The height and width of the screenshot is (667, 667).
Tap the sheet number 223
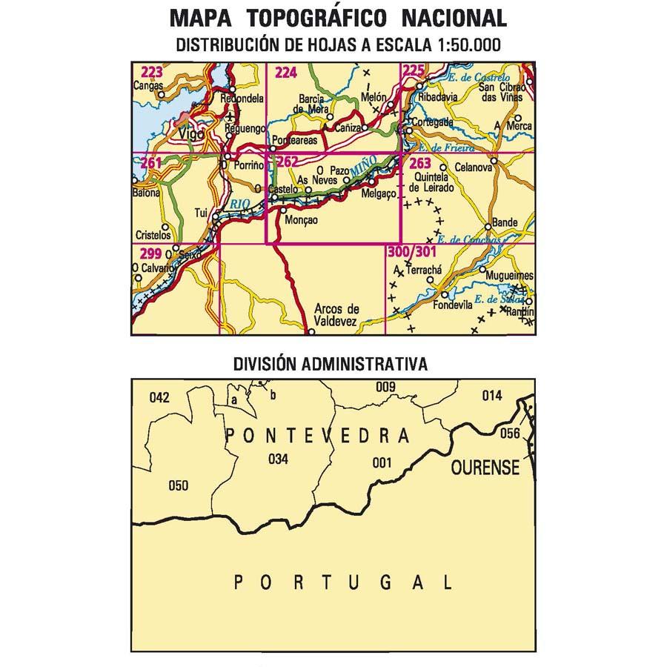pos(151,72)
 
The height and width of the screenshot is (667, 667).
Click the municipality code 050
pos(179,486)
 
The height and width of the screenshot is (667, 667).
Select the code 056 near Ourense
pos(510,434)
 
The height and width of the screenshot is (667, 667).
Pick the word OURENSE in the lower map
pos(485,468)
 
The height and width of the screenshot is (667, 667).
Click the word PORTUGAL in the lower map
pos(342,583)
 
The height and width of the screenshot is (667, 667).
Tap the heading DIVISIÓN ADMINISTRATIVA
pos(330,365)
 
